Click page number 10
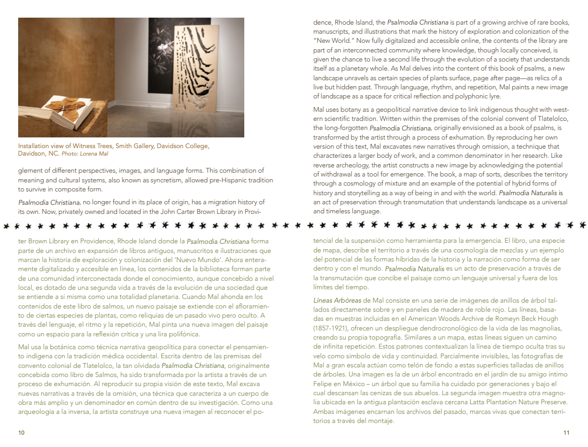coord(21,432)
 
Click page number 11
coord(567,432)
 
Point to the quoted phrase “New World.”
coord(332,40)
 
